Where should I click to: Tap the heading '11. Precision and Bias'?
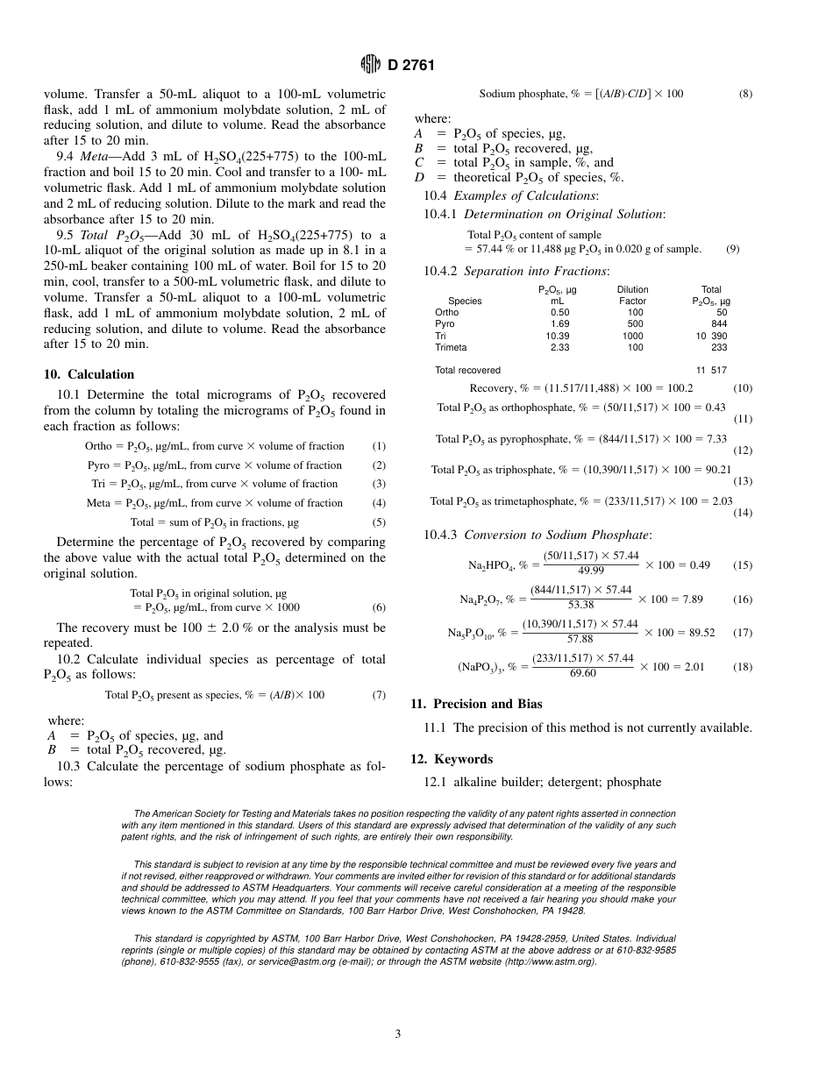(476, 704)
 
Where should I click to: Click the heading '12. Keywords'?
(452, 759)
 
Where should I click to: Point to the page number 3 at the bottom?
(398, 1034)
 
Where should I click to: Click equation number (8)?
(745, 94)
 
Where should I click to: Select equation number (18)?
(743, 667)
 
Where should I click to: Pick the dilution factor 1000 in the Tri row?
(632, 337)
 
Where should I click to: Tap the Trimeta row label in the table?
(451, 348)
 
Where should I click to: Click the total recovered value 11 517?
(711, 371)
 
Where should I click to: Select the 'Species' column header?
(465, 301)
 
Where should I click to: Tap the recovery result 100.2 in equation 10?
(679, 388)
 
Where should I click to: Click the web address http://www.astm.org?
(548, 961)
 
